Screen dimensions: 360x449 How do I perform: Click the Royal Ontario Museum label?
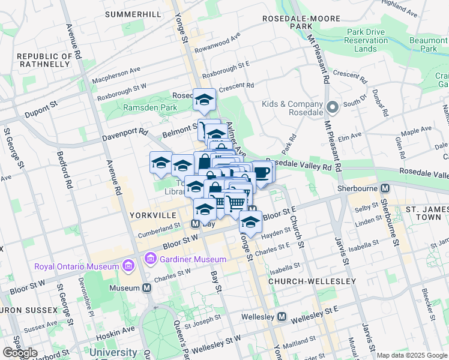click(x=77, y=266)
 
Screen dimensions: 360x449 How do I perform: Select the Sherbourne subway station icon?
click(x=385, y=188)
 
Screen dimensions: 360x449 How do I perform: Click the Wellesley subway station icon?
click(x=282, y=316)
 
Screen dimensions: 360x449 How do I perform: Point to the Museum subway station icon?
click(x=147, y=288)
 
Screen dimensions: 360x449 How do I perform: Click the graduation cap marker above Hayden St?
click(x=250, y=222)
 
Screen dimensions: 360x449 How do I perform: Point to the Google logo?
click(x=20, y=353)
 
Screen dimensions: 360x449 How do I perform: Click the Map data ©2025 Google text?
click(x=412, y=355)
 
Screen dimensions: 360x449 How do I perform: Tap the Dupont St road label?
click(x=41, y=108)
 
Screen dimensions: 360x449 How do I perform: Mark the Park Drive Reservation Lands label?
click(x=359, y=40)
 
